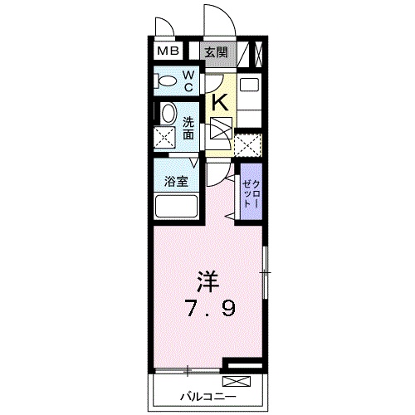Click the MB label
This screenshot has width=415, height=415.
(x=168, y=51)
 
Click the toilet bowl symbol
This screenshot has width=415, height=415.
(x=167, y=81)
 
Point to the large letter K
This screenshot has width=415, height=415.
(x=221, y=102)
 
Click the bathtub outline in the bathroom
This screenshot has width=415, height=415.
(x=175, y=207)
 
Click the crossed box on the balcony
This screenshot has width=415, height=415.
(x=236, y=382)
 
